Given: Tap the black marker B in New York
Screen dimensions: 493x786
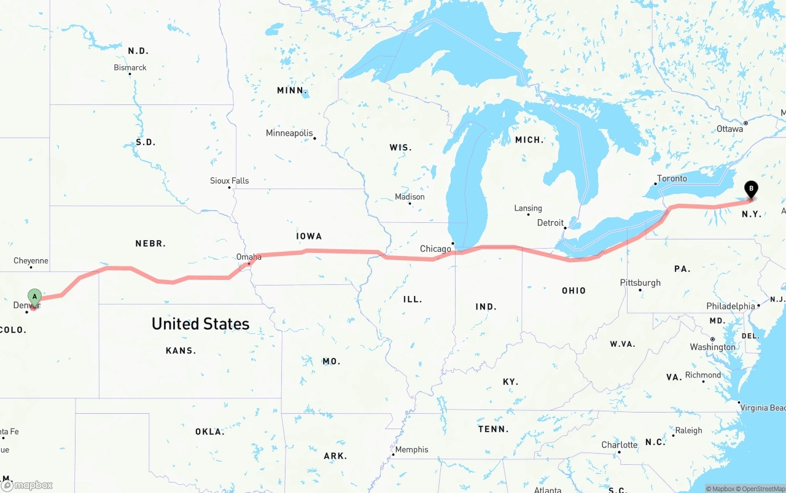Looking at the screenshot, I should (750, 189).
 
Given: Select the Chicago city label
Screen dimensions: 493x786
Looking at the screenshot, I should (435, 249).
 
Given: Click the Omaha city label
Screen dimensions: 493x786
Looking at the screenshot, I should (249, 257).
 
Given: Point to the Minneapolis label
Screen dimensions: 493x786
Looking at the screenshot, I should (289, 133).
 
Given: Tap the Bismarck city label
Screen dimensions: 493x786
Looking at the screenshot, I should (130, 68).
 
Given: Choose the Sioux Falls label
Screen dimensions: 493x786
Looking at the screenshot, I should (230, 181).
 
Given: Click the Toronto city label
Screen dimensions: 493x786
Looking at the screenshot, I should (672, 179).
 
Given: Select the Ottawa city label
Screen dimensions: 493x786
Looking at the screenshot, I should (730, 129).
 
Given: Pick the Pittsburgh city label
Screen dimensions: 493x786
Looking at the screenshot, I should (640, 282).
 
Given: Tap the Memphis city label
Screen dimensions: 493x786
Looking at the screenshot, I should (411, 449).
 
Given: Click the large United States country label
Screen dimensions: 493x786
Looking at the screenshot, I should (201, 324).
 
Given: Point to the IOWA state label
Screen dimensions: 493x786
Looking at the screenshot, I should (309, 236).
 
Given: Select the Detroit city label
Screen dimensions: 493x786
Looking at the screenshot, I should (550, 223).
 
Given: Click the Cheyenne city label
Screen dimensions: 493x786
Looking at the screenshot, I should (31, 261).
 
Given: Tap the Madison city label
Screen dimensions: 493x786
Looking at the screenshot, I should (410, 196).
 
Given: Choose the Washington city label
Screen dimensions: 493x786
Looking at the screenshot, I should (712, 347).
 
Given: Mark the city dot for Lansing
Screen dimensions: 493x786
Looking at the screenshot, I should (528, 214).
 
